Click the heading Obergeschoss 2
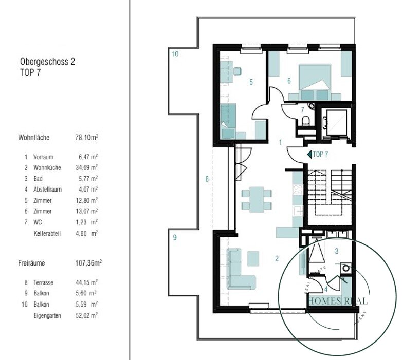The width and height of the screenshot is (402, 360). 47,62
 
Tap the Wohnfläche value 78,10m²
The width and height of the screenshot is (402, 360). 87,137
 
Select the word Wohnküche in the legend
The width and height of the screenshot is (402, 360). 47,168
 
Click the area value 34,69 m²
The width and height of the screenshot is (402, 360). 87,167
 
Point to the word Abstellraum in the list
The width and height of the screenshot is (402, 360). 47,190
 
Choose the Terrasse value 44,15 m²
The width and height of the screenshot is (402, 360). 87,282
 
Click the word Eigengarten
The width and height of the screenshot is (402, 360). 47,315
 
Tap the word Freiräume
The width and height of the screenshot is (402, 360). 31,263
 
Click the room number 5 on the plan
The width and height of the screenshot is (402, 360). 251,82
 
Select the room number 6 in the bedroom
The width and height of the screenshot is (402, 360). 289,81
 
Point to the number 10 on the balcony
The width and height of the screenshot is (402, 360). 175,54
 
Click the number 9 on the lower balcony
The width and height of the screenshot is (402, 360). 175,237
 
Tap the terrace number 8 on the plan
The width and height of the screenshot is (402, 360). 207,179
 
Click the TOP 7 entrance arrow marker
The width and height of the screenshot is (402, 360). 309,155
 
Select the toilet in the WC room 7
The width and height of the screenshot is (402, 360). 305,121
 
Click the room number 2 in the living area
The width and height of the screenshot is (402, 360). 277,259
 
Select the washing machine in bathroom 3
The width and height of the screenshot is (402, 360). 345,269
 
